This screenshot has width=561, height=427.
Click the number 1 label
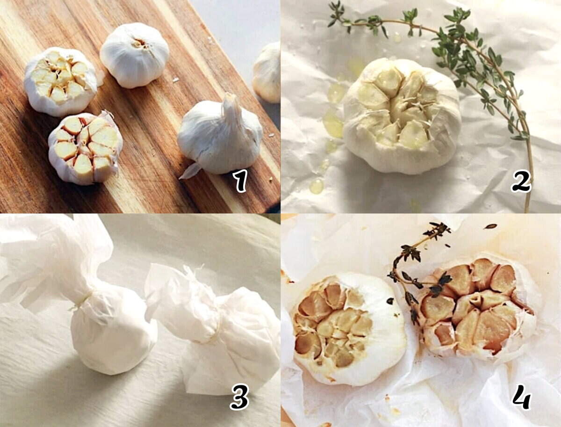tap(241, 181)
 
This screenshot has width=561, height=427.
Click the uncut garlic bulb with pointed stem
tap(220, 134)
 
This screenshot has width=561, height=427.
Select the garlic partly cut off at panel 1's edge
tap(266, 73)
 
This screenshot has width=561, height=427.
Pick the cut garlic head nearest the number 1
tap(86, 148)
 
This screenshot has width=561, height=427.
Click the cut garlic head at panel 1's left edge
tap(61, 81)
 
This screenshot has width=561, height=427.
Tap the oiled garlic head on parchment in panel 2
tap(402, 116)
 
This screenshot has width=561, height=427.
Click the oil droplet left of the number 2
tap(316, 186)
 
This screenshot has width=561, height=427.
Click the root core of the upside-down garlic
tap(140, 44)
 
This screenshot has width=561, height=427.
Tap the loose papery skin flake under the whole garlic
tap(190, 171)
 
